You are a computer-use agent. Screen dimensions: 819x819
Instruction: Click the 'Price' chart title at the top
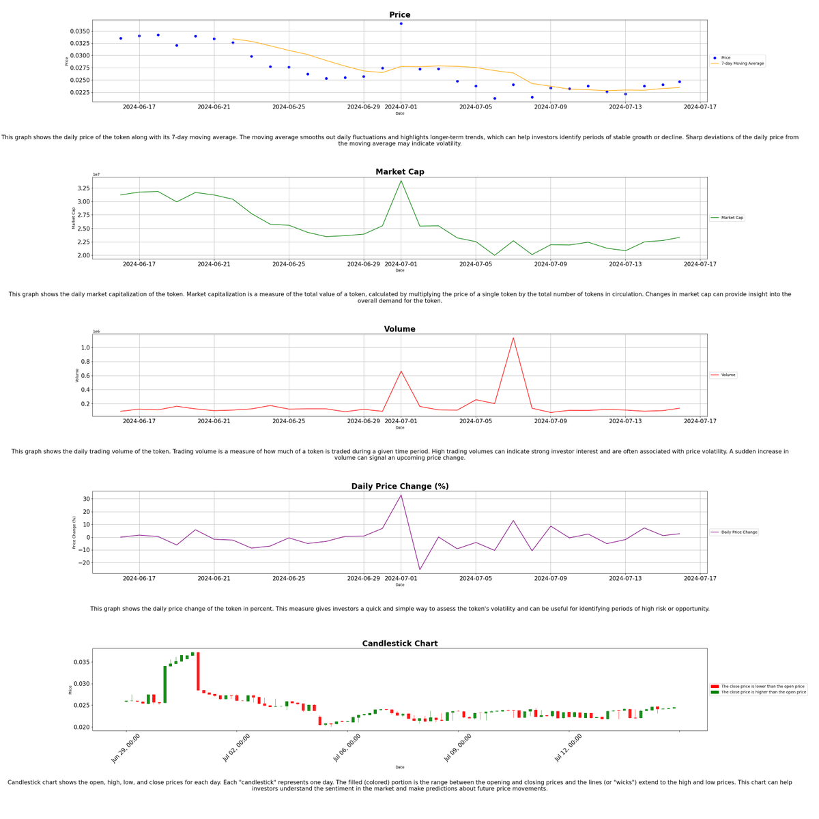[x=399, y=15]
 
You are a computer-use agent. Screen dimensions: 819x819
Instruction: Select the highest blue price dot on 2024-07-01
[x=401, y=24]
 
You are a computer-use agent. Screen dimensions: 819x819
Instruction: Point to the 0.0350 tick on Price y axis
[x=80, y=31]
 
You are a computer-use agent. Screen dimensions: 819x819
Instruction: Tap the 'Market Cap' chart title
[x=399, y=172]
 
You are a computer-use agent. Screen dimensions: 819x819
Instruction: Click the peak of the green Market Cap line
[x=401, y=180]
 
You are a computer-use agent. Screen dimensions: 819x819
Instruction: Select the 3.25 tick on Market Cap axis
[x=82, y=188]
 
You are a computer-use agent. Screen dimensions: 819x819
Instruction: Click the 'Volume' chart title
[x=399, y=329]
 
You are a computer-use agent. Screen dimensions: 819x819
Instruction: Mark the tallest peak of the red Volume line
[x=513, y=338]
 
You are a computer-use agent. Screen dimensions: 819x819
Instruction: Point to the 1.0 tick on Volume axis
[x=85, y=348]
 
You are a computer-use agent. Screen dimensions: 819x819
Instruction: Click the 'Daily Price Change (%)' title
[x=399, y=487]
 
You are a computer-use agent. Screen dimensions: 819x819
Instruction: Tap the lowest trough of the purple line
[x=420, y=569]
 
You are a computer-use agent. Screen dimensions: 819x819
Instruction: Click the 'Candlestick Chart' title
[x=399, y=644]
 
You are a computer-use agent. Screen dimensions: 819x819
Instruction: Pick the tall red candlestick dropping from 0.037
[x=198, y=672]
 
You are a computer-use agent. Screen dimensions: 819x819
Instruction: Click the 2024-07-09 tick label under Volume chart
[x=550, y=421]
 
